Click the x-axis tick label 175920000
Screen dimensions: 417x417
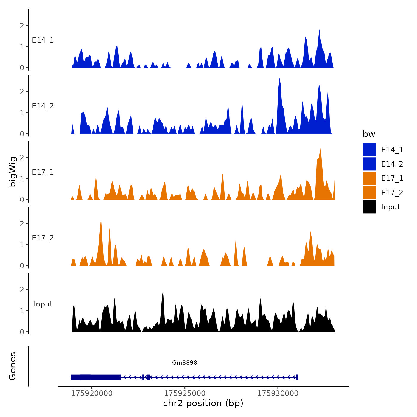(92, 393)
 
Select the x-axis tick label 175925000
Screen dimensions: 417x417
(185, 393)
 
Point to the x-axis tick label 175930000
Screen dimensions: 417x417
(278, 393)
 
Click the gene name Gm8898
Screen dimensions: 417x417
(185, 362)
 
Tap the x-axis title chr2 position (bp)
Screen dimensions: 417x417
(203, 403)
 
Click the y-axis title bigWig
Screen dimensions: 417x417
(13, 172)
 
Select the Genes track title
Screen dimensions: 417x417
(13, 366)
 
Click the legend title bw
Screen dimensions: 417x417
(369, 134)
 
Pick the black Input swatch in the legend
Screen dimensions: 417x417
(369, 207)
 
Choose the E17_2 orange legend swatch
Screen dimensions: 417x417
(369, 193)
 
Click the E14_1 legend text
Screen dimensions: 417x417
(392, 150)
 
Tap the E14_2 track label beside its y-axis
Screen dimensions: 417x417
(43, 106)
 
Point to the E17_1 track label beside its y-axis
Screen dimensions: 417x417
(43, 172)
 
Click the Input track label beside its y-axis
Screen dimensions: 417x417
(43, 304)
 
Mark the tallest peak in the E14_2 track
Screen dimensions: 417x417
(279, 79)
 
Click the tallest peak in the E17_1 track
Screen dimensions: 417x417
(320, 149)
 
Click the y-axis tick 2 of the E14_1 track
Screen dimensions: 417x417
(22, 26)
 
